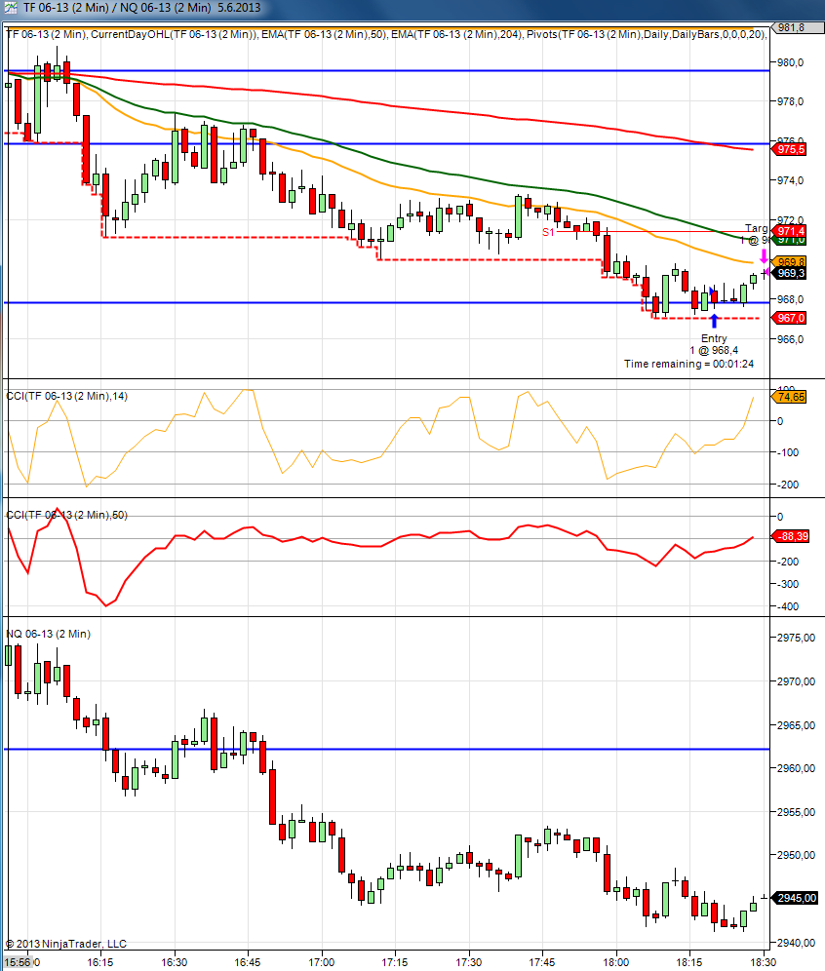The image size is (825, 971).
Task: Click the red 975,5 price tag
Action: point(791,149)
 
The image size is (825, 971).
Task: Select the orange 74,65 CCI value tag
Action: point(791,397)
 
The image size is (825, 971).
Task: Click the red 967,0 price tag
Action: point(791,318)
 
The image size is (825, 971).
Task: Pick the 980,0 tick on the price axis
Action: point(791,62)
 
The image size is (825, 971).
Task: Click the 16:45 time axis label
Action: point(248,961)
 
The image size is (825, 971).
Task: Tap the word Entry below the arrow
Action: point(714,337)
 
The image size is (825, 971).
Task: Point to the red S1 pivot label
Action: point(548,232)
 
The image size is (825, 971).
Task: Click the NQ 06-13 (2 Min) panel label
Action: point(49,634)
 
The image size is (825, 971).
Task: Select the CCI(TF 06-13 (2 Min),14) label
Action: point(66,396)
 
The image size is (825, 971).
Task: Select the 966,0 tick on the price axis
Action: point(791,339)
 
